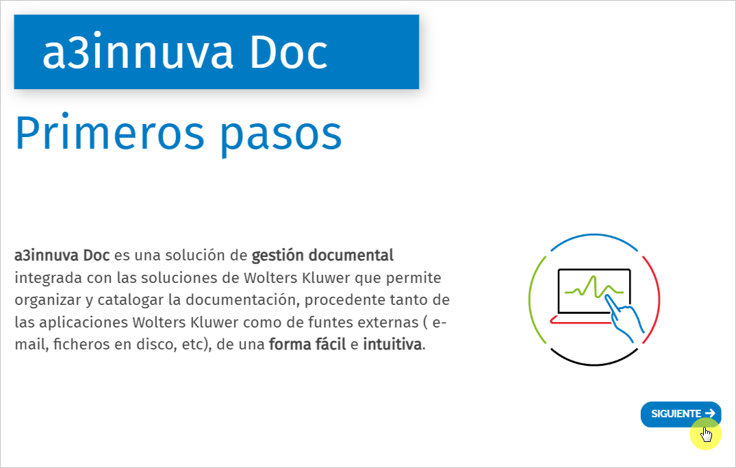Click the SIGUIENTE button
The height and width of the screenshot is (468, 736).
676,414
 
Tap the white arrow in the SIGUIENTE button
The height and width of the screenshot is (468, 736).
710,413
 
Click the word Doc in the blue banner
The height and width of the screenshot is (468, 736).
288,53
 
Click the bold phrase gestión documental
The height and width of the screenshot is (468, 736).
322,256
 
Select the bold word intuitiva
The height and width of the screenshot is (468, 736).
392,344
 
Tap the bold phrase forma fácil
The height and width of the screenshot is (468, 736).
307,344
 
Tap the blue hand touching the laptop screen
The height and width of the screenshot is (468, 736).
626,319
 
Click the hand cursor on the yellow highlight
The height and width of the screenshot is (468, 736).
706,433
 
